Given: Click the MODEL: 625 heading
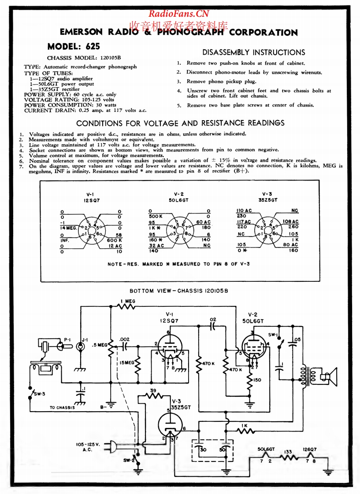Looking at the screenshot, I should pyautogui.click(x=74, y=46).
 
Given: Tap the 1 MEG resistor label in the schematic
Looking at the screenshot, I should pyautogui.click(x=128, y=301).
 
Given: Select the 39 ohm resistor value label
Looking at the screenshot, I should pyautogui.click(x=153, y=391).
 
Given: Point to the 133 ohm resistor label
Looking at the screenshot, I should pyautogui.click(x=288, y=451).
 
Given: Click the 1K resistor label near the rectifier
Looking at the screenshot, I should pyautogui.click(x=244, y=426).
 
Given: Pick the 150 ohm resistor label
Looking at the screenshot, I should pyautogui.click(x=258, y=380).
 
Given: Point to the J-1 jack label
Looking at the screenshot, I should pyautogui.click(x=85, y=339).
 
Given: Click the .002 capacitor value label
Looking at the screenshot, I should pyautogui.click(x=125, y=339).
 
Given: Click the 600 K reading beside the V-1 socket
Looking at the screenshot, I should pyautogui.click(x=114, y=240).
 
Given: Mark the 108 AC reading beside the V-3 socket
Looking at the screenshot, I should pyautogui.click(x=290, y=221).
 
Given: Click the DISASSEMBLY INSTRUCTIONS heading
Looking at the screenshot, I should pyautogui.click(x=253, y=52).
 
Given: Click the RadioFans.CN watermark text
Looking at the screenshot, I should pyautogui.click(x=178, y=14).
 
